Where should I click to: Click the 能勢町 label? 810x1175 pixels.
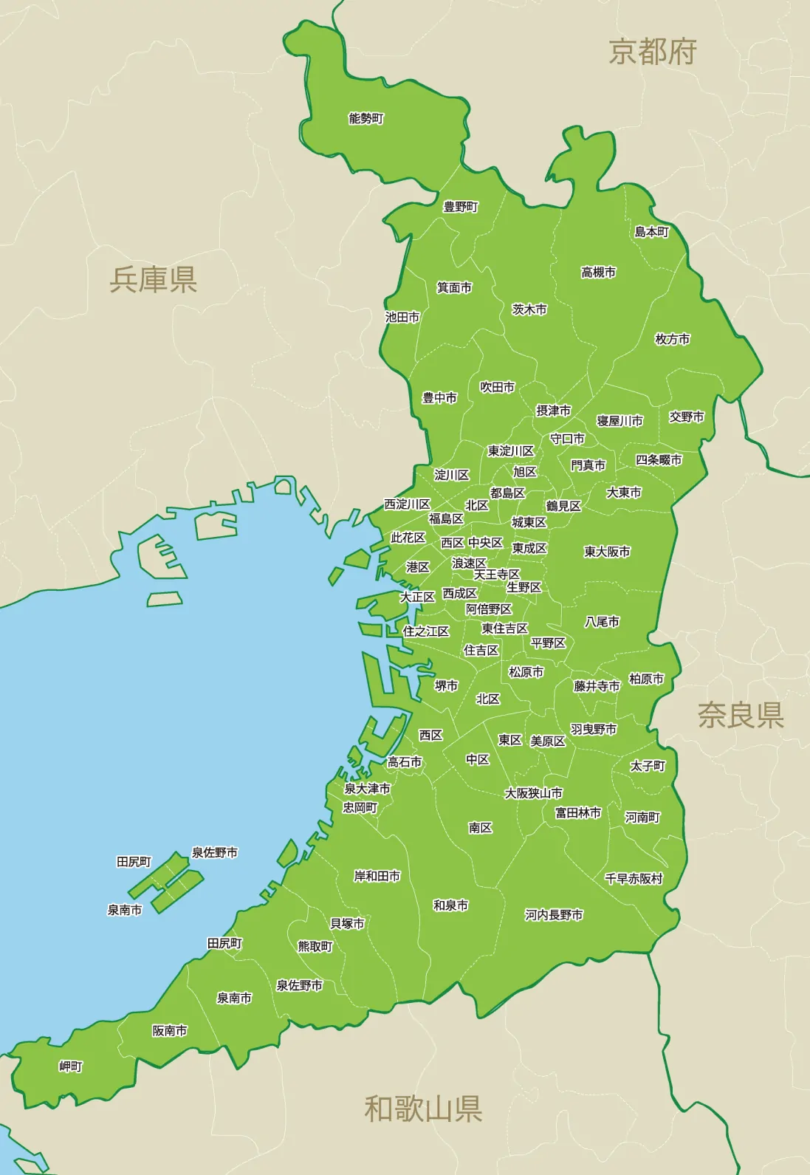[x=366, y=118]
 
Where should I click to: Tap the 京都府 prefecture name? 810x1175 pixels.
[x=653, y=52]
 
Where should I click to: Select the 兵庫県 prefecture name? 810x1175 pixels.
[x=154, y=279]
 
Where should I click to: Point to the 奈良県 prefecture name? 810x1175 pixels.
[x=741, y=715]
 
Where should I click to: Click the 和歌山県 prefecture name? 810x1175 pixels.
[x=423, y=1109]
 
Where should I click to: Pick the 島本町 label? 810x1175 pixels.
[x=652, y=232]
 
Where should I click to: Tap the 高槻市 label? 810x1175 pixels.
[x=598, y=273]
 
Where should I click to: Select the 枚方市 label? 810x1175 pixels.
[x=672, y=339]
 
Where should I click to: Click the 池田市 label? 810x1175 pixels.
[x=402, y=317]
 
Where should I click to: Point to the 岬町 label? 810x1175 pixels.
[x=71, y=1066]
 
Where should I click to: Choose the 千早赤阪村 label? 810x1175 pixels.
[x=634, y=879]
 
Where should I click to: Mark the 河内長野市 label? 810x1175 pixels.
[x=554, y=915]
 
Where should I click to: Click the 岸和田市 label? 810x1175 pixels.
[x=377, y=876]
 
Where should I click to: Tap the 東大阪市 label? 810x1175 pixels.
[x=607, y=552]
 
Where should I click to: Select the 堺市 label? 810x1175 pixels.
[x=446, y=685]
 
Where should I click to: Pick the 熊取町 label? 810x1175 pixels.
[x=315, y=946]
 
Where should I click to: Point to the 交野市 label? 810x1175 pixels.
[x=687, y=417]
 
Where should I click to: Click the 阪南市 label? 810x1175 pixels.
[x=170, y=1030]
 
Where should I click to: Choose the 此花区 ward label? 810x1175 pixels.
[x=408, y=538]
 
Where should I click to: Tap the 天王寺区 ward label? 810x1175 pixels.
[x=497, y=574]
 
